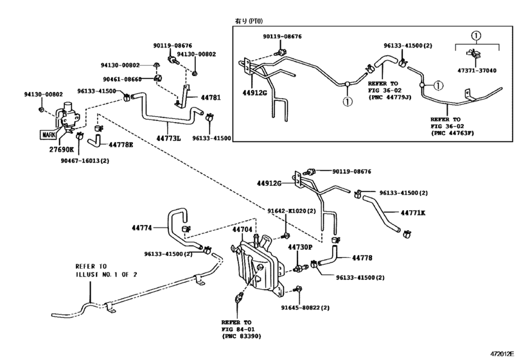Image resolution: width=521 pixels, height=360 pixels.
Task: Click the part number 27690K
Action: pos(62,150)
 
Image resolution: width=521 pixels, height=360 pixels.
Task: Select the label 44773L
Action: pos(168,138)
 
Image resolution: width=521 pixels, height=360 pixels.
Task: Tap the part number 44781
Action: pos(211,98)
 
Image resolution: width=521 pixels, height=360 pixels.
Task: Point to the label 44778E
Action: pos(121,145)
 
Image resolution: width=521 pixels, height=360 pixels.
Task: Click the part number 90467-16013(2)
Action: pos(85,161)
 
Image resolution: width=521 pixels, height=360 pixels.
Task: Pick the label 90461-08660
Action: pos(122,79)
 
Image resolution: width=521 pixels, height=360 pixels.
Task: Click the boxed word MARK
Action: pos(48,135)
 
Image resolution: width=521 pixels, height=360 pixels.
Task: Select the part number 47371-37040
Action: pos(477,71)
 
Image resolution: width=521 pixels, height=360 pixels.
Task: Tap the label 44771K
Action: pos(412,213)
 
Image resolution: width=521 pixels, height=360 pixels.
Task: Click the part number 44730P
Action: pos(301,247)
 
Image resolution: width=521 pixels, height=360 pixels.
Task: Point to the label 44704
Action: pos(242,230)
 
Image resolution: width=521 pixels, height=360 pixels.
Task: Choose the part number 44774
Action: pos(142,228)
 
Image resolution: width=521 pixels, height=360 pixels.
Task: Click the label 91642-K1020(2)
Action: pos(292,211)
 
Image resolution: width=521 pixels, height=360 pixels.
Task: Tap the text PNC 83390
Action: pos(242,336)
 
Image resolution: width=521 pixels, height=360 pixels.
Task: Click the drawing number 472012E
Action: pos(502,354)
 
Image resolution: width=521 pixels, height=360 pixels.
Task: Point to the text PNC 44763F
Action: pos(452,133)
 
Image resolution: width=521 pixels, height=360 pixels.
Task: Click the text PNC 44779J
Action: pos(389,97)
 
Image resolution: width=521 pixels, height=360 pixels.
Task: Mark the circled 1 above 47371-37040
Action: pos(476,35)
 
